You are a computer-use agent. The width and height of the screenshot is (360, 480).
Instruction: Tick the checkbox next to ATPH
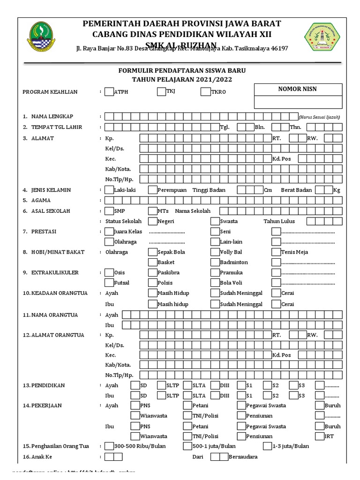109,92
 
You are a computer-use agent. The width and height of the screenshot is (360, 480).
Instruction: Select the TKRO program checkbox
205,92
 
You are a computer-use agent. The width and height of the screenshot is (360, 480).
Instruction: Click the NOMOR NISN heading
298,89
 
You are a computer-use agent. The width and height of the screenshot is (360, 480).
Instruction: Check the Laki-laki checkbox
109,190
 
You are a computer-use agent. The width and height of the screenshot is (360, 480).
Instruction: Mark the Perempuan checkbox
153,190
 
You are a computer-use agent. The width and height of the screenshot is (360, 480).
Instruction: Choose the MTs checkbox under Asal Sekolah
153,211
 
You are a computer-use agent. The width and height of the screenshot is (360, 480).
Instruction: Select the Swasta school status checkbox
215,221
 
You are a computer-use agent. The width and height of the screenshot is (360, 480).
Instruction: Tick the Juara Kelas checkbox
109,232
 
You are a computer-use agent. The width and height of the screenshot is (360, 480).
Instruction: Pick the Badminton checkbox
215,262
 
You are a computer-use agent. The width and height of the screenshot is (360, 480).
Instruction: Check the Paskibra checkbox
153,272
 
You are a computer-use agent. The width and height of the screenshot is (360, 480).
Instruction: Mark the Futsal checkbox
109,283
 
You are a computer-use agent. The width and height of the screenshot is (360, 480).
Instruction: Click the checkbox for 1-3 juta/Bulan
267,446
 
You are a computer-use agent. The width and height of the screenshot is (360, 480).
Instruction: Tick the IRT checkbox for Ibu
319,436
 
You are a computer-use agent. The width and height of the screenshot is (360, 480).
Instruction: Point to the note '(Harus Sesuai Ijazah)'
319,117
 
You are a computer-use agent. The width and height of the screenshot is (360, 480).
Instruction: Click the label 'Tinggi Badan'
209,190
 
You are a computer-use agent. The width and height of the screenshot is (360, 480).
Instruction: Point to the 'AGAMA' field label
41,201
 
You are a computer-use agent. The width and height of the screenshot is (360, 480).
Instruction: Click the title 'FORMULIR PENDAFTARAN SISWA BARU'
181,70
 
